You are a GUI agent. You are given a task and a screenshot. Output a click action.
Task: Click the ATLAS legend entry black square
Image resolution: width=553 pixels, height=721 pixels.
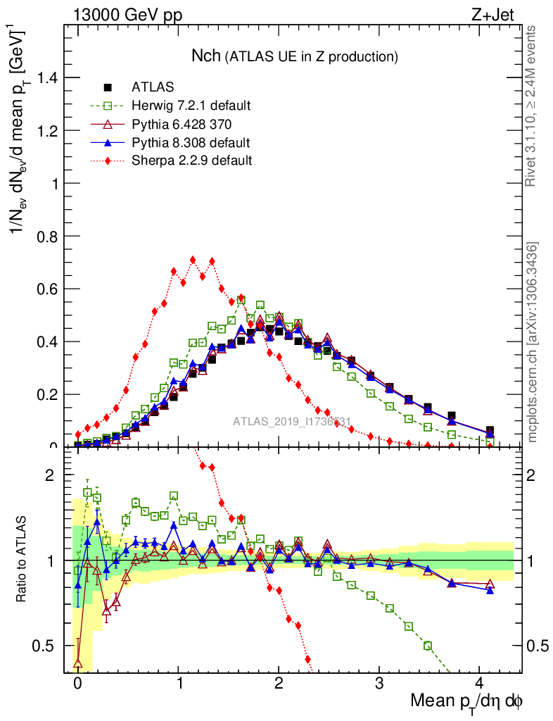[x=108, y=87]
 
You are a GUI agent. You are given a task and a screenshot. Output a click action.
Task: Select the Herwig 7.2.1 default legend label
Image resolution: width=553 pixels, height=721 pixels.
[x=191, y=106]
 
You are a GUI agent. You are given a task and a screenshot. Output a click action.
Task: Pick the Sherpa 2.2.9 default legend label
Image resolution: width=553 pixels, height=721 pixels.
[x=191, y=161]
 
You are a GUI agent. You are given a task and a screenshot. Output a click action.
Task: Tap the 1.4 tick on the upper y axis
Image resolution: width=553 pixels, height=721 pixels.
[x=49, y=78]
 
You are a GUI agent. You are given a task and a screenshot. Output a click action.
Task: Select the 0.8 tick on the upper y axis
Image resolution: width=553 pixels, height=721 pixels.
[x=49, y=237]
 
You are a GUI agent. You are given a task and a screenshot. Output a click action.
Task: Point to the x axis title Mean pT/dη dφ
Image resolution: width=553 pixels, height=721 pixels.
[x=467, y=703]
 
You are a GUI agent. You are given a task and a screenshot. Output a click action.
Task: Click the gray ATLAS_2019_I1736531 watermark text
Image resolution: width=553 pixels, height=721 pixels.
[x=292, y=422]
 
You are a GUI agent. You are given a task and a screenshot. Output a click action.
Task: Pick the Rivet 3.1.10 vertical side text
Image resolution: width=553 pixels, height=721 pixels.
[x=532, y=106]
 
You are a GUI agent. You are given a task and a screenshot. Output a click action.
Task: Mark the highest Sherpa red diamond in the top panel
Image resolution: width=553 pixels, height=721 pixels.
[x=193, y=260]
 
